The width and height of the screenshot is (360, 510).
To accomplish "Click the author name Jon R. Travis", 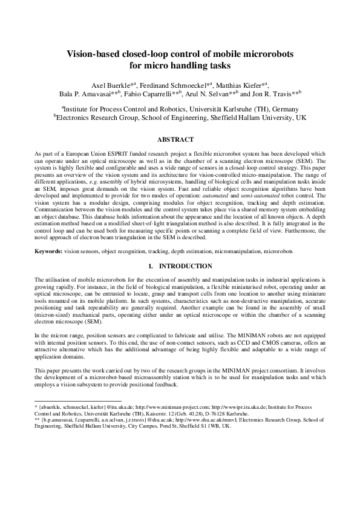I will click(272, 94).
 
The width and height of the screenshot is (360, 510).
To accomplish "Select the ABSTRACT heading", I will click(179, 139).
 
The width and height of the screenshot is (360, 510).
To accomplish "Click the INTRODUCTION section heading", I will click(184, 267).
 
